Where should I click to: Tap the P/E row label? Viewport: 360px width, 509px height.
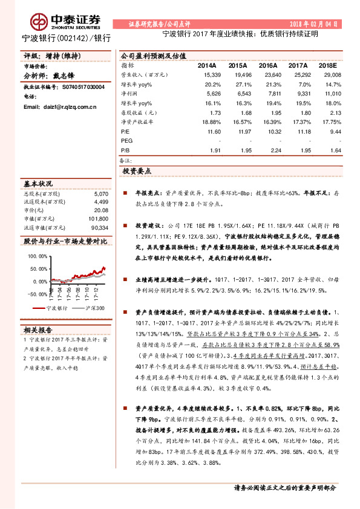[126, 131]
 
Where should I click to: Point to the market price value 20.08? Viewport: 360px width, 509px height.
[101, 210]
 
